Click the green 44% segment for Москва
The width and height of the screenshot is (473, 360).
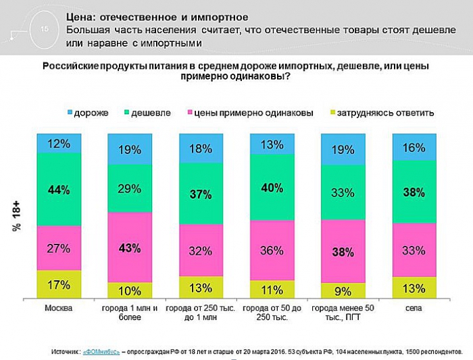59,190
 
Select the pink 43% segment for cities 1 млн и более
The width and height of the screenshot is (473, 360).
130,247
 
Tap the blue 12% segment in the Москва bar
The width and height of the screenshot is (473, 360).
59,143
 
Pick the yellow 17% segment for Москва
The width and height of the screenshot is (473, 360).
59,284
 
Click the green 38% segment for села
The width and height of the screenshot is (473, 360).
414,192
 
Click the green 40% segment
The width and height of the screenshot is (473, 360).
272,187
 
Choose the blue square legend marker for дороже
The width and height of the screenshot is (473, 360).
71,113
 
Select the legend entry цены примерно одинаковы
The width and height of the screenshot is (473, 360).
253,113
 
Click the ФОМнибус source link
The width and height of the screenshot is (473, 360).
101,352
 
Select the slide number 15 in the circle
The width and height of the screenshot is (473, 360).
45,29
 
